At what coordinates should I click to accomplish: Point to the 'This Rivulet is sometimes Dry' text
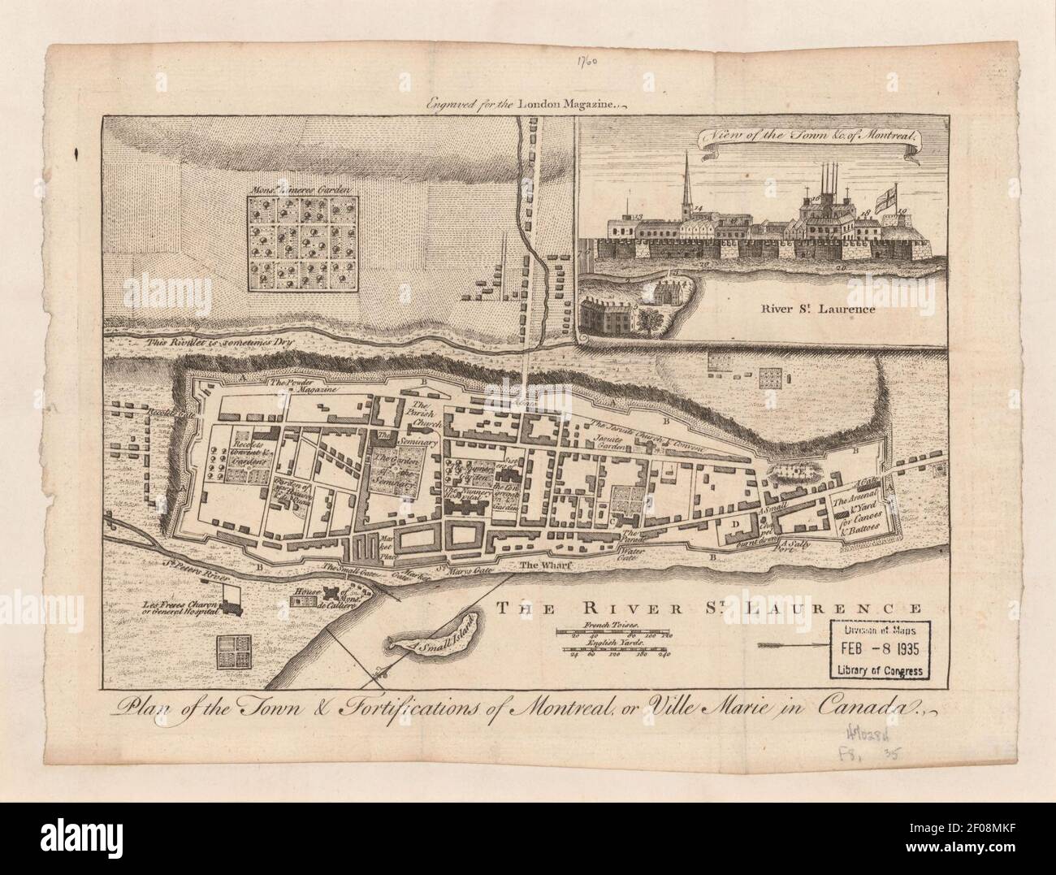click(x=219, y=343)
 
